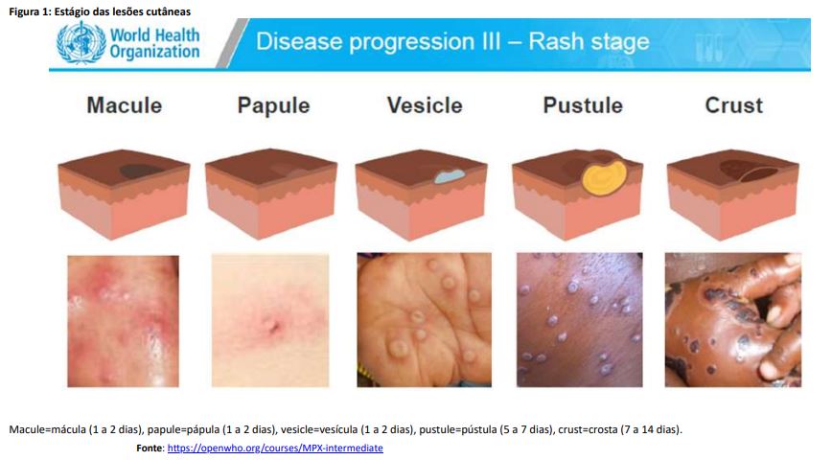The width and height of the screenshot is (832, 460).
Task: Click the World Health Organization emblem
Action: [x=81, y=43]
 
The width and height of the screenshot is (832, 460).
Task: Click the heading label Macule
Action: [x=125, y=105]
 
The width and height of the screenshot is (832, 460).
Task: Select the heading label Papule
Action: [x=273, y=105]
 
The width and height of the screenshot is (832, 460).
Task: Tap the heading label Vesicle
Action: [x=425, y=105]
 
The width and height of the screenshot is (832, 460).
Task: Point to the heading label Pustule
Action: [x=583, y=105]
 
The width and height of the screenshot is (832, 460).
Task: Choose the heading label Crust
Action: [x=734, y=105]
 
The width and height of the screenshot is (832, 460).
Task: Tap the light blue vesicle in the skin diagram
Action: [x=450, y=176]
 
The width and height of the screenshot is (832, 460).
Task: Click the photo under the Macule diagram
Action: [x=123, y=321]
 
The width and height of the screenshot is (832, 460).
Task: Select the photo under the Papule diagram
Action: [x=270, y=320]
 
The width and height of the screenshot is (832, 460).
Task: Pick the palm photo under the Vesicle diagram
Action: [x=424, y=319]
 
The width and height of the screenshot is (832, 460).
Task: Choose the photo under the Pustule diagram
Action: [x=579, y=319]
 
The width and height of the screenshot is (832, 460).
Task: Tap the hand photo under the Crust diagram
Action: [x=732, y=319]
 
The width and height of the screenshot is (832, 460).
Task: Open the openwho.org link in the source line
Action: [x=275, y=448]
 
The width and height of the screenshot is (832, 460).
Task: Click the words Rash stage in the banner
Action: [x=589, y=41]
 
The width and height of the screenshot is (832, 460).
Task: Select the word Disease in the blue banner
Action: [x=299, y=41]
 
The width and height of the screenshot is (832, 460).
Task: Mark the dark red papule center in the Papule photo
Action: [x=275, y=328]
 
